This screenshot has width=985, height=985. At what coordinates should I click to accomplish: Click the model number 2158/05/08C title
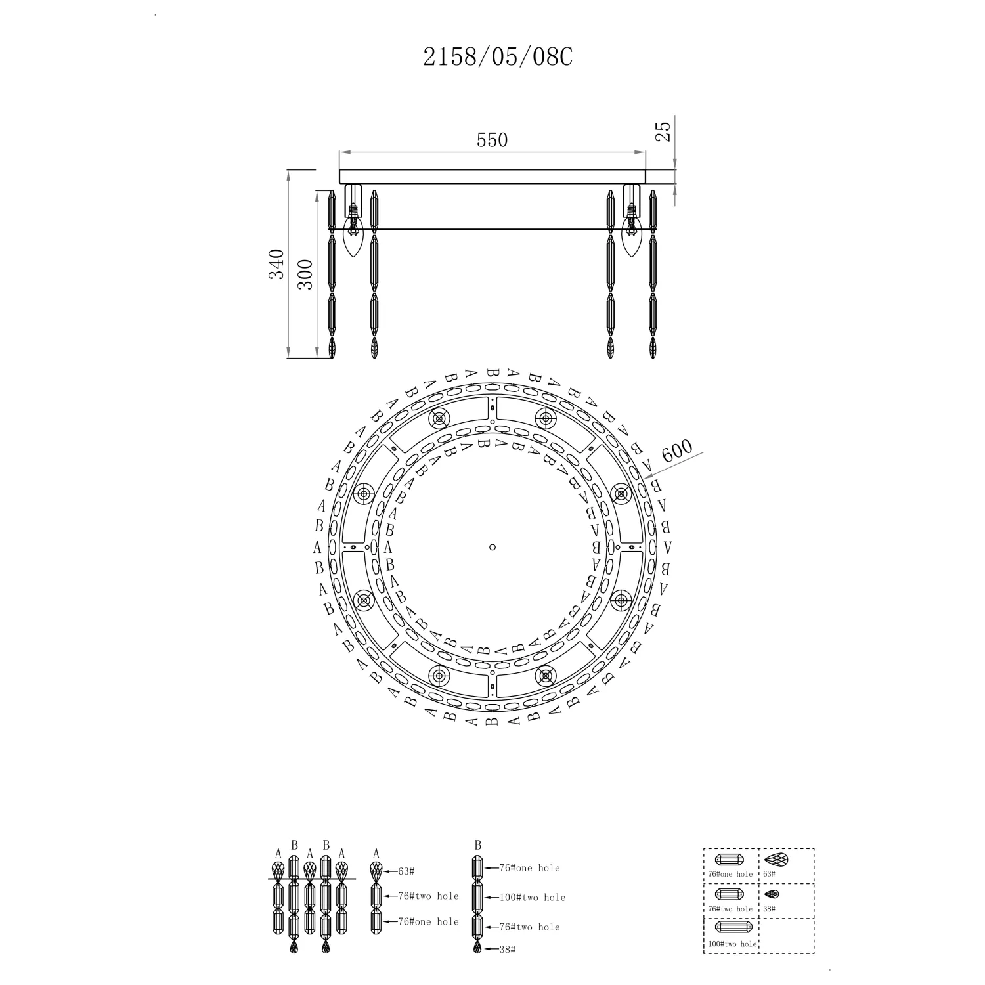(498, 58)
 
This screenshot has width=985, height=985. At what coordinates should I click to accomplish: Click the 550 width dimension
(492, 140)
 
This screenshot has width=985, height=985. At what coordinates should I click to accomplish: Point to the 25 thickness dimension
(663, 131)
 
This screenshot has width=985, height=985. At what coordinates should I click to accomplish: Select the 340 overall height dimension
(276, 264)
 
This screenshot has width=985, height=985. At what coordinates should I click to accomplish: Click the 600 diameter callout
(676, 451)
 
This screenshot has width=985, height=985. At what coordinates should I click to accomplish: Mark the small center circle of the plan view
(492, 547)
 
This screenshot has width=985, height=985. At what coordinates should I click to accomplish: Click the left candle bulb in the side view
(354, 238)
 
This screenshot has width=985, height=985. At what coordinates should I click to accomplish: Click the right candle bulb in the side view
(632, 238)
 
